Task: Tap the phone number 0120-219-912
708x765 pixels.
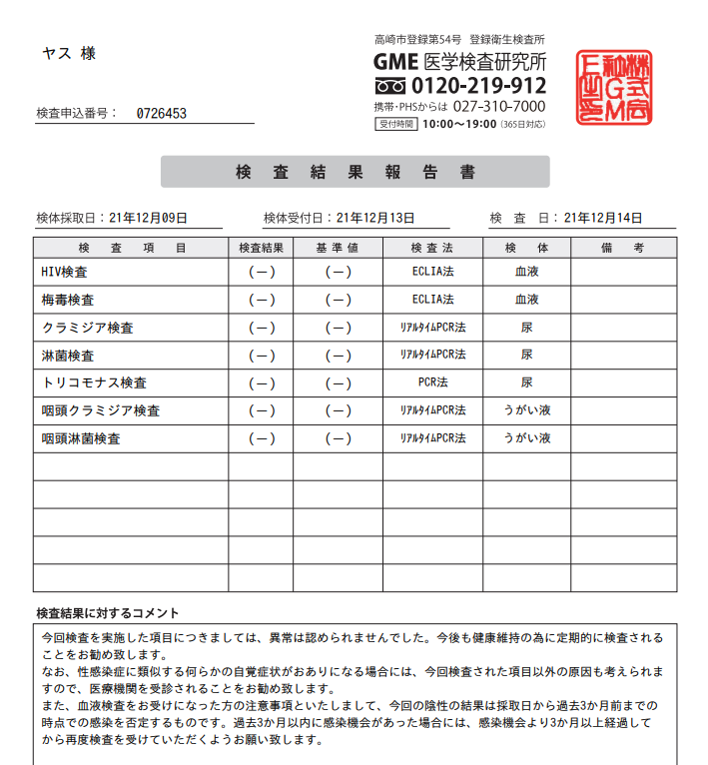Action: [x=478, y=86]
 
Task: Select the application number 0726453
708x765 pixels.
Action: [x=162, y=113]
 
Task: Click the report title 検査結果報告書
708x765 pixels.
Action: [x=354, y=172]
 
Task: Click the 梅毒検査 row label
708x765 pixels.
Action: [x=68, y=300]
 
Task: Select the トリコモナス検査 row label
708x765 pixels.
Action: [x=88, y=382]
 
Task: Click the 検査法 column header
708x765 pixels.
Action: [x=432, y=247]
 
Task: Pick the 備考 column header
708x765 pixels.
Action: [x=623, y=247]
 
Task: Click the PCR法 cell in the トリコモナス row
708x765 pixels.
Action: [x=432, y=382]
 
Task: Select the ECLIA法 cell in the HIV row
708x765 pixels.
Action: [x=432, y=272]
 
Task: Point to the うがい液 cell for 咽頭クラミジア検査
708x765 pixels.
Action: [x=526, y=410]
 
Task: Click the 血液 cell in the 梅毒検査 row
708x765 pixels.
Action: [x=526, y=300]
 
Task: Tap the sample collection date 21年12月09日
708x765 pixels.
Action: [x=148, y=218]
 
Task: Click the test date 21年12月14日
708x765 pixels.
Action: [x=603, y=218]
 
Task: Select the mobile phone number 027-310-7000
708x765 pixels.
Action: [x=499, y=106]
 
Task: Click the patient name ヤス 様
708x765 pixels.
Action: [x=69, y=53]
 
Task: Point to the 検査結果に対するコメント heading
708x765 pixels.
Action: [x=107, y=613]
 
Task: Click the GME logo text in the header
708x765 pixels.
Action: [x=395, y=62]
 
